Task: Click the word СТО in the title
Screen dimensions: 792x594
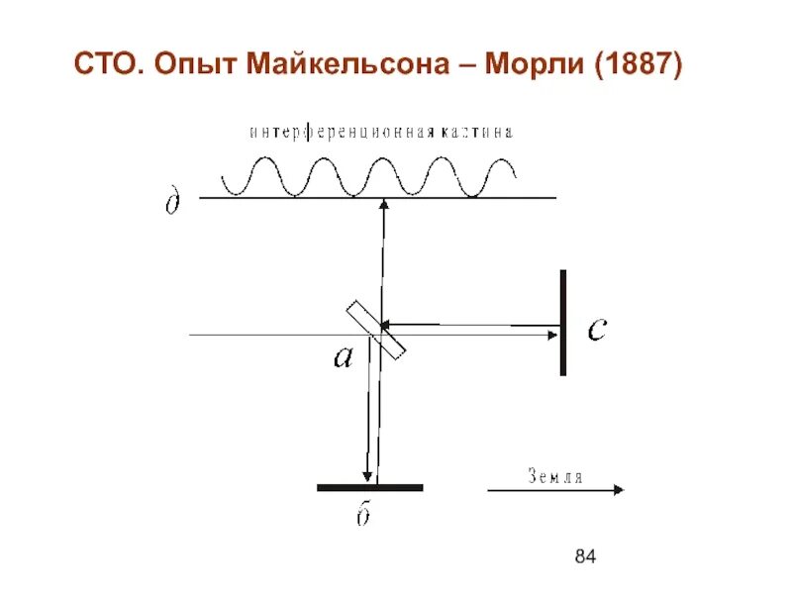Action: tap(110, 68)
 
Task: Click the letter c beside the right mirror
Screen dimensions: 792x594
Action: tap(597, 329)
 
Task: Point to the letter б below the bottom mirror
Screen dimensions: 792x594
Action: tap(363, 519)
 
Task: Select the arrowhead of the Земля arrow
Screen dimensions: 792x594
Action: tap(618, 489)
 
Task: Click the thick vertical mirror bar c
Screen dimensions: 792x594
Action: tap(562, 323)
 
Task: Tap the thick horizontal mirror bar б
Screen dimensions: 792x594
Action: tap(369, 487)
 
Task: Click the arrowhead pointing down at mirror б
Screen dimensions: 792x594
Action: tap(367, 475)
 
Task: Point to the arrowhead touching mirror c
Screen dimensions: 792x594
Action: tap(551, 336)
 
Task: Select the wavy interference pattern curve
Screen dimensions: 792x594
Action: tap(367, 176)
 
